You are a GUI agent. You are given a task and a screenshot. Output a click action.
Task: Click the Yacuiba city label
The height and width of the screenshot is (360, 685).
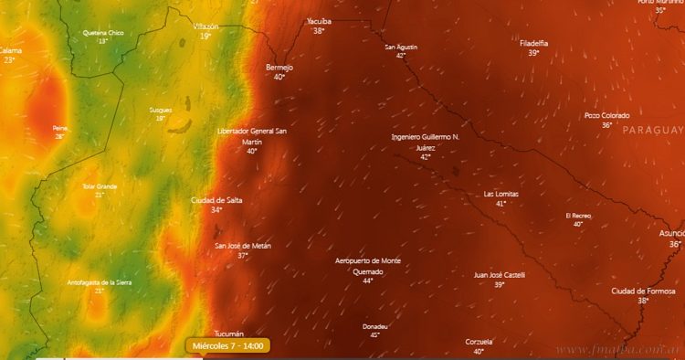tap(319, 20)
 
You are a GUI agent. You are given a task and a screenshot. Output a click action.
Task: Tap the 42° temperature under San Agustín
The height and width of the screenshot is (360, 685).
tap(400, 56)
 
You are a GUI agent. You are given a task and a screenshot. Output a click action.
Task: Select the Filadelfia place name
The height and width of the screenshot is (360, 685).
tap(533, 43)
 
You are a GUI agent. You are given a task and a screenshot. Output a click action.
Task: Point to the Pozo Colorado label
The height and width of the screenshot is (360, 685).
tap(606, 115)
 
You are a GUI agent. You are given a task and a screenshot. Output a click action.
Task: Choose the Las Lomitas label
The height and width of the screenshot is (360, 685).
tap(501, 194)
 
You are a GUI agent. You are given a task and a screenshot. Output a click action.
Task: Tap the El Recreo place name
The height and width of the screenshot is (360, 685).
tap(578, 215)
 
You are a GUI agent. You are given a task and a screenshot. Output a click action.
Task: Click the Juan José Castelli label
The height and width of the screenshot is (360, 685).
tap(500, 274)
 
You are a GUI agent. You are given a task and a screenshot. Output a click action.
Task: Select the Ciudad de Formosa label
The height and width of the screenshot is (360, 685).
tap(643, 291)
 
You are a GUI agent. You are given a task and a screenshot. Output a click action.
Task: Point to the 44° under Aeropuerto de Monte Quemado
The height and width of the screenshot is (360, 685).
tap(367, 281)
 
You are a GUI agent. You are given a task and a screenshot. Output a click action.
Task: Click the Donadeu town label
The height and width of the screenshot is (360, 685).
tap(374, 326)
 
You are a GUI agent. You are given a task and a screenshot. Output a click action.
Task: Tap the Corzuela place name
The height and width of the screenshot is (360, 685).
tap(479, 342)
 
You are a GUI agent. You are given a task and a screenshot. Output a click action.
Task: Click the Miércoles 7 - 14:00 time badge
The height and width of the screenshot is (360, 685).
tap(228, 346)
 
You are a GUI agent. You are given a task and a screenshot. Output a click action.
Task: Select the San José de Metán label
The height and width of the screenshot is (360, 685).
tap(243, 246)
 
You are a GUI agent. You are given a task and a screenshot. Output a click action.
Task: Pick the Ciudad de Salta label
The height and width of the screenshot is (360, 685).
tap(216, 200)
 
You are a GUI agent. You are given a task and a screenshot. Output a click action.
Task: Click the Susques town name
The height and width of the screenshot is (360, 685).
tap(160, 110)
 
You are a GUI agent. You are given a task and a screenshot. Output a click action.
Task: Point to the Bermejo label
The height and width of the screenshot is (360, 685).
tap(279, 67)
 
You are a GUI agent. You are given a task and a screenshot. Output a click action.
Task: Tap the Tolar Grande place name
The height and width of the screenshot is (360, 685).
tap(100, 185)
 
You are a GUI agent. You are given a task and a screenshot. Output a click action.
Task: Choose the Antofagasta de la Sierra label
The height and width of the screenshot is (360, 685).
tap(100, 282)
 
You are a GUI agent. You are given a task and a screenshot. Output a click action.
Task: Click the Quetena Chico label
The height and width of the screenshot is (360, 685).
tap(102, 33)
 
